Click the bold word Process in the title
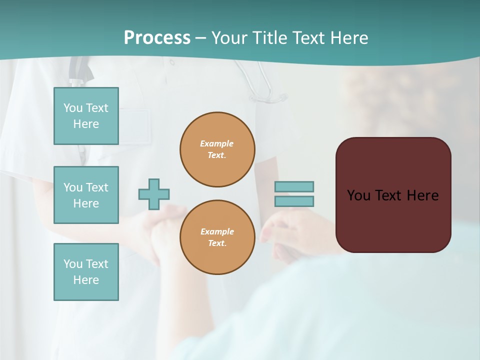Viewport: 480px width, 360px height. pyautogui.click(x=157, y=38)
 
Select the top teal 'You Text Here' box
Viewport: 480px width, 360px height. pyautogui.click(x=86, y=116)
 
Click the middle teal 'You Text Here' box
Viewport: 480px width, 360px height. pyautogui.click(x=86, y=195)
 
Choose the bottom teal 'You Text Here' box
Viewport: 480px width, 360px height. pyautogui.click(x=86, y=272)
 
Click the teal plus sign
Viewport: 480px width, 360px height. pyautogui.click(x=154, y=194)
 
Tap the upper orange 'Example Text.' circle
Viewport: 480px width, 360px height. pyautogui.click(x=217, y=149)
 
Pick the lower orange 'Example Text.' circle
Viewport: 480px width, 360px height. pyautogui.click(x=217, y=237)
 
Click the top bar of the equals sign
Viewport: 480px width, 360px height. pyautogui.click(x=294, y=186)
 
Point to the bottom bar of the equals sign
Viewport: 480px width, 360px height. pyautogui.click(x=294, y=201)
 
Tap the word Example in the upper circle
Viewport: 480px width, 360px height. pyautogui.click(x=217, y=143)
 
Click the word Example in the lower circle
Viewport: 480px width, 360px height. pyautogui.click(x=217, y=231)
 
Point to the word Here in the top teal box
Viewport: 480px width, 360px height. pyautogui.click(x=86, y=124)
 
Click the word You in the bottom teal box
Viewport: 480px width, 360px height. pyautogui.click(x=73, y=264)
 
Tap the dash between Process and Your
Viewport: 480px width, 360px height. pyautogui.click(x=201, y=38)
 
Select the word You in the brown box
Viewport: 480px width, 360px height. pyautogui.click(x=358, y=195)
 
